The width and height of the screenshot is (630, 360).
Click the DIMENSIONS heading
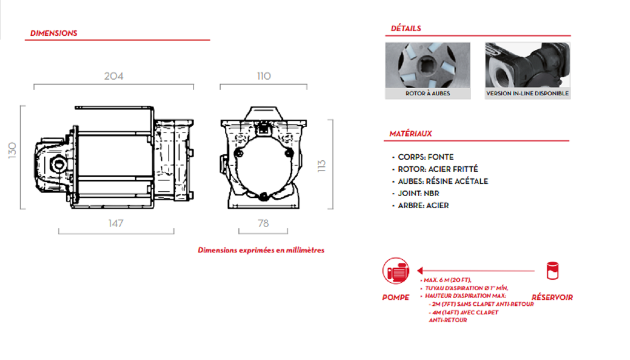[53, 33]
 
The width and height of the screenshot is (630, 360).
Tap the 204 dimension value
[114, 76]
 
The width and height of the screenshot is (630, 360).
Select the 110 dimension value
[264, 76]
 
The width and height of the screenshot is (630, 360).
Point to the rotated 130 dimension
[13, 151]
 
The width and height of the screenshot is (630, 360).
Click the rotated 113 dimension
[321, 166]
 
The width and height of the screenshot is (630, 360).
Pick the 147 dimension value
[116, 223]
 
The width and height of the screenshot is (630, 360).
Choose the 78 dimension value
[263, 223]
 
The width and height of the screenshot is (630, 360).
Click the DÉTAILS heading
[406, 28]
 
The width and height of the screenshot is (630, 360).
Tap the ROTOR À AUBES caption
[428, 94]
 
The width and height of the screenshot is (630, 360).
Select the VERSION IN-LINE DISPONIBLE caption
[528, 94]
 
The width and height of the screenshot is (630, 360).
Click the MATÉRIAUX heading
[410, 134]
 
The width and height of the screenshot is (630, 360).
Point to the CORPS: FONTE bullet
[426, 157]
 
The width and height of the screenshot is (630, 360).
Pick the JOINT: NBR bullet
[418, 193]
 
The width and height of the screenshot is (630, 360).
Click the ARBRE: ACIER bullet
[423, 205]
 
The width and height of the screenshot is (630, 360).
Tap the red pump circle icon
[396, 271]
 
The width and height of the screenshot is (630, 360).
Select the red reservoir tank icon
[552, 271]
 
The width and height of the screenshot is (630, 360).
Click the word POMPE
[396, 298]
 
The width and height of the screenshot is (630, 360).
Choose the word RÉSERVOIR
[552, 298]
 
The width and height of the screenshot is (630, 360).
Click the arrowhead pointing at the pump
[421, 271]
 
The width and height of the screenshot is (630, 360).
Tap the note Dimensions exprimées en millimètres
[261, 250]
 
